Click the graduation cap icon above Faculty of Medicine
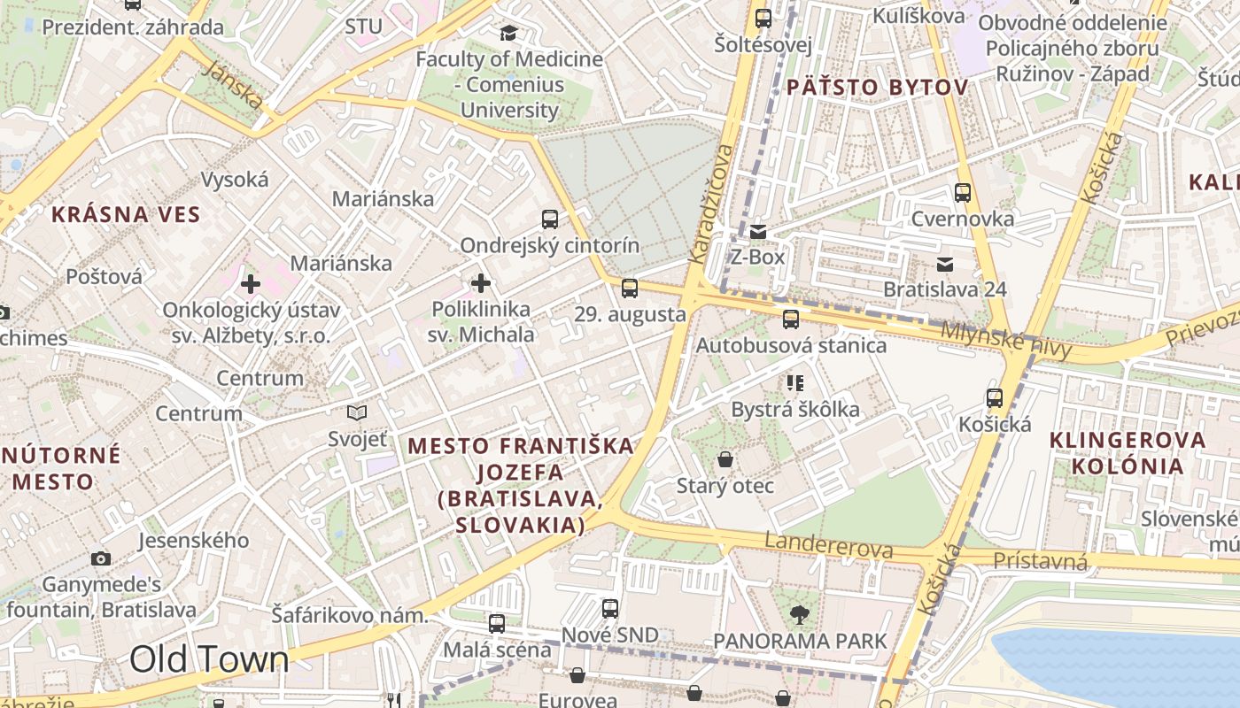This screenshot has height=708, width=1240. pos(508,34)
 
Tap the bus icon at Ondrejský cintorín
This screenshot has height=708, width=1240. pos(550,219)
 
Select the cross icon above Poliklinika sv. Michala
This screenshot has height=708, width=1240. pos(481,283)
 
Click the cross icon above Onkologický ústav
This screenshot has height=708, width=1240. pos(251,284)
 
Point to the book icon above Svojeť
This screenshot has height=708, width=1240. pos(357,412)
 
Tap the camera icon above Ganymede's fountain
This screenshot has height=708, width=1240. pos(101,558)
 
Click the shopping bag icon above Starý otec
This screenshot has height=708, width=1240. pos(725,459)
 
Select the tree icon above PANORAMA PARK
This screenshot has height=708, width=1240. pos(800,613)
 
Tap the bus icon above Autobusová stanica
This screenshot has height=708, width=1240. pos(791,319)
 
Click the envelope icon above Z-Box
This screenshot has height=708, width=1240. pos(758,232)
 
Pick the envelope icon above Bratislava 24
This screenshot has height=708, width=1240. pos(945,264)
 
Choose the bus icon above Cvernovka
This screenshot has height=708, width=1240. pos(963,192)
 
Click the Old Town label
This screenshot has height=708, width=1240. pos(209,659)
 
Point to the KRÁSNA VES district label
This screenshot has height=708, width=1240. pos(126,214)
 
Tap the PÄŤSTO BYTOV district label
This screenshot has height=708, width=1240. pos(877,87)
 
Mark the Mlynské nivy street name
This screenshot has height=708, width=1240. pos(1005,340)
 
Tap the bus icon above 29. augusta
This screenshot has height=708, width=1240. pos(630,288)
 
